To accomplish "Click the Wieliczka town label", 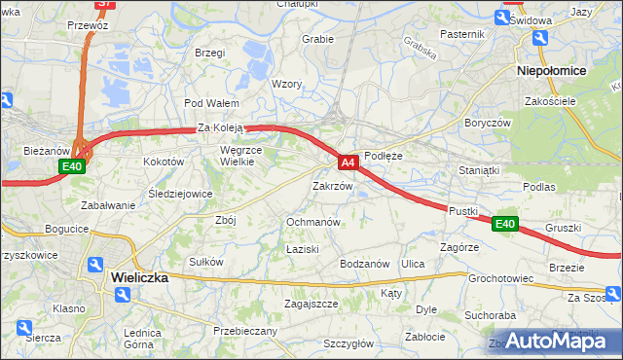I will [x=139, y=277].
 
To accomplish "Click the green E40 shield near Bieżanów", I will [x=71, y=167].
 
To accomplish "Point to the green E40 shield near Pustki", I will [x=503, y=225].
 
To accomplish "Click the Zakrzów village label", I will [x=331, y=185].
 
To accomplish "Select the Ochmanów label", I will [x=312, y=222].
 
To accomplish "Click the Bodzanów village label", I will [x=364, y=264].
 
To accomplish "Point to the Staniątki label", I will [x=479, y=170].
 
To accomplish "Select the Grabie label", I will [x=318, y=40].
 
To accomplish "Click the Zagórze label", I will [x=458, y=248].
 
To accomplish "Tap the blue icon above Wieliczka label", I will [x=94, y=264].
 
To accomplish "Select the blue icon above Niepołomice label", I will [x=537, y=40].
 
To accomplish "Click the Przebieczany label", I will [x=244, y=331].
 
